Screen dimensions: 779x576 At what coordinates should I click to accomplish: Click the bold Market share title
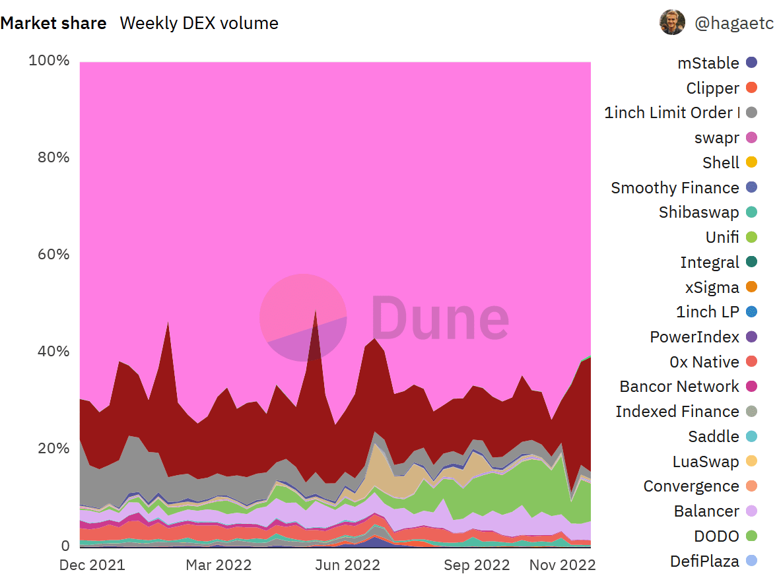point(53,23)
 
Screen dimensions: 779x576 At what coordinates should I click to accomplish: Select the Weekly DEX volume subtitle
point(199,23)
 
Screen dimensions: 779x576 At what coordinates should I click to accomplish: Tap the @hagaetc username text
point(734,23)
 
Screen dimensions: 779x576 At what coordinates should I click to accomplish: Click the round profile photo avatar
point(672,22)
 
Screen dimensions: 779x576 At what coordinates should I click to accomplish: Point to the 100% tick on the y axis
point(49,61)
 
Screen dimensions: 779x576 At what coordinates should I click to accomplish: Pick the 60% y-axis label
point(53,255)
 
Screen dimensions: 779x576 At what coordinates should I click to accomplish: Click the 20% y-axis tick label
point(53,449)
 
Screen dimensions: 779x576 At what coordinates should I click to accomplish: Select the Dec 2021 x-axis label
point(92,565)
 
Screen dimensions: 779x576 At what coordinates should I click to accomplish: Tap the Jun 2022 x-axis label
point(347,565)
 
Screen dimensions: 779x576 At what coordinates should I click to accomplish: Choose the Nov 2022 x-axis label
point(562,565)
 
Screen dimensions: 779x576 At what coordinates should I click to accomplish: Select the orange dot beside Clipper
point(752,87)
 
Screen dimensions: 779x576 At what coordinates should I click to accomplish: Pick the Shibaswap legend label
point(698,212)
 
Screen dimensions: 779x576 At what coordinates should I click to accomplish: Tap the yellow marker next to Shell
point(752,162)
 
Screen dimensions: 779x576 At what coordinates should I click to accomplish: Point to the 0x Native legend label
point(704,362)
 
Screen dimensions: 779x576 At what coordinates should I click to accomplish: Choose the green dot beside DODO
point(752,536)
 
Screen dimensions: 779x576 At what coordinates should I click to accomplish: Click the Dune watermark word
point(440,317)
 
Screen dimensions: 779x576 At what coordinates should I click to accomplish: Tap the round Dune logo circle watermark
point(303,317)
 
